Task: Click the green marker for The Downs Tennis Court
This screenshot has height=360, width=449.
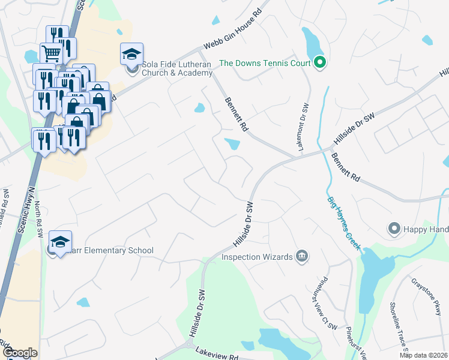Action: [x=320, y=62]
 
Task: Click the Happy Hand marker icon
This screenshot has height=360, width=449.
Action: [x=394, y=228]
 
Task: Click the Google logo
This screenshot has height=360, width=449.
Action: [x=20, y=353]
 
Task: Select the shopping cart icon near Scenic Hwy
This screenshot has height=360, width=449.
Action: [x=52, y=53]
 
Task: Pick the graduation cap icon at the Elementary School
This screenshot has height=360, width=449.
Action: [x=60, y=242]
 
